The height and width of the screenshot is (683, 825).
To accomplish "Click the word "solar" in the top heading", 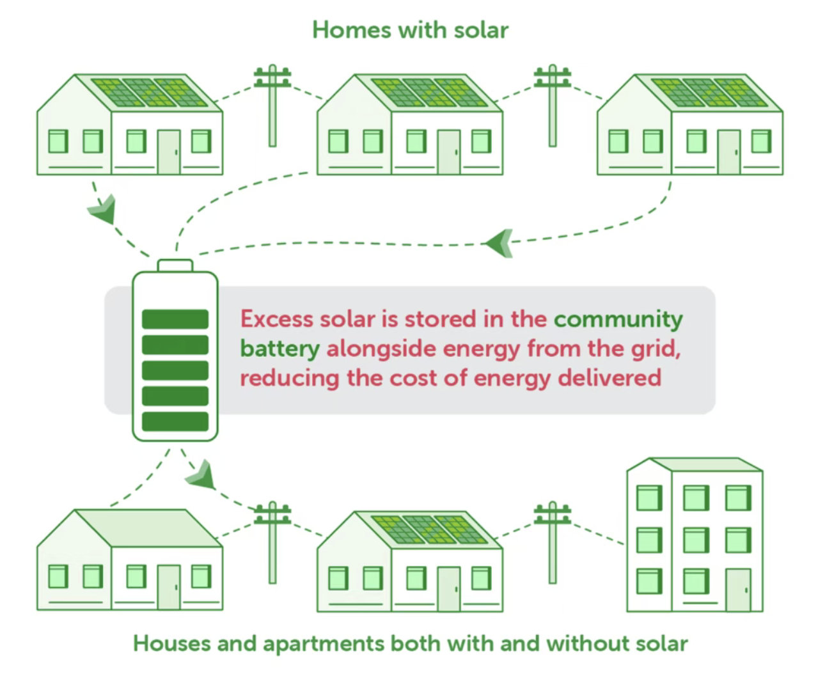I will coord(481,30).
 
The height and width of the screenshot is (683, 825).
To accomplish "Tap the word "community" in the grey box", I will coord(618,318).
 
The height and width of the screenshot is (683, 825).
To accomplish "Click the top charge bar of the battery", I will coord(175,319).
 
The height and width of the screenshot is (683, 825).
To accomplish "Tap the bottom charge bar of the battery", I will coord(175,421).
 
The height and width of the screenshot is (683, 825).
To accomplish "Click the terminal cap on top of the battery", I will coord(175,265).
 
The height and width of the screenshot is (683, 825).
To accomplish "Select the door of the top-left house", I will coord(169,152).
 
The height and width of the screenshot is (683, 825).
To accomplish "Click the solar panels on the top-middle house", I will coord(430,93).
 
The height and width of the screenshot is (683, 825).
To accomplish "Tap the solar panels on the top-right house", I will coord(709,93).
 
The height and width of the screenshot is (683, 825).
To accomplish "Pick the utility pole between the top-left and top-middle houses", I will coord(272,106).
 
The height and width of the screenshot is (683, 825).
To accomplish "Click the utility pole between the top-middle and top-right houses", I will coord(552,106).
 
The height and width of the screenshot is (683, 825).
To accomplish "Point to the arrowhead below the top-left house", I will coord(104,209).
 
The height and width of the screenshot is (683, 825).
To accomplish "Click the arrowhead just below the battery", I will coord(201,474).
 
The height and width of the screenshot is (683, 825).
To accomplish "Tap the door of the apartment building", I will coord(738,589).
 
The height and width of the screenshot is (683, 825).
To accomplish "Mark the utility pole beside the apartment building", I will coord(552,542).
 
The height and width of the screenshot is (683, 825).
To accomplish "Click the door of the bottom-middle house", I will coord(448,588).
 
